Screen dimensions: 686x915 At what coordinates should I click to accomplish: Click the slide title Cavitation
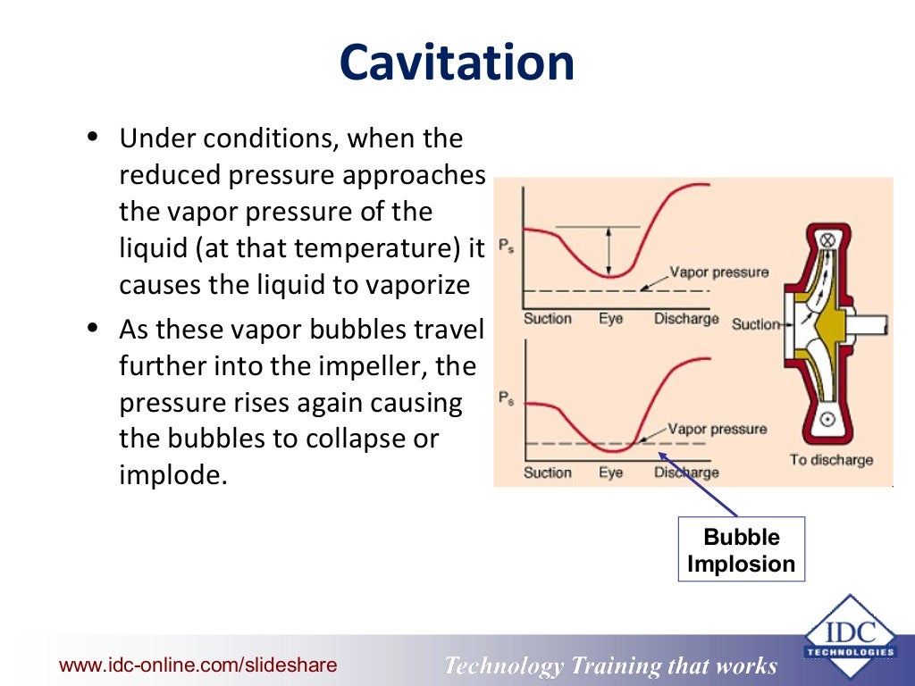(x=457, y=63)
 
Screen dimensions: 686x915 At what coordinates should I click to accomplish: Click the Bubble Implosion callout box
(x=741, y=550)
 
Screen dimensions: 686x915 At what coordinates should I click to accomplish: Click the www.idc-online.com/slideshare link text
(x=198, y=665)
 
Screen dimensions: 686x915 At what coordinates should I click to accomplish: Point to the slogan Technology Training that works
(x=610, y=666)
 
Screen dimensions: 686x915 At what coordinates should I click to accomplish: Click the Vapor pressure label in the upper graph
(x=718, y=272)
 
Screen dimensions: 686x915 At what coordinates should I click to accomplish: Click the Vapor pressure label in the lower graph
(x=717, y=429)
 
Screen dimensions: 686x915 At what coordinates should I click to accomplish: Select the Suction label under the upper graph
(x=547, y=319)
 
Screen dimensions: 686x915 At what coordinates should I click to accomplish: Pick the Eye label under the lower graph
(x=611, y=473)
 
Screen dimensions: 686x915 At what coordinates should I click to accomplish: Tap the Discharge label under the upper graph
(x=686, y=319)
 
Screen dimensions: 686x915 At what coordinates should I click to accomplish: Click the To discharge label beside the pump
(x=831, y=460)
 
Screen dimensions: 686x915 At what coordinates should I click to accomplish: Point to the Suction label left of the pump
(x=756, y=323)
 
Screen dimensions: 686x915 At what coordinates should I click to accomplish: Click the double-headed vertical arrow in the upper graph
(x=609, y=250)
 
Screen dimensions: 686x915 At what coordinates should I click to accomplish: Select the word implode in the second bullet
(x=168, y=475)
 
